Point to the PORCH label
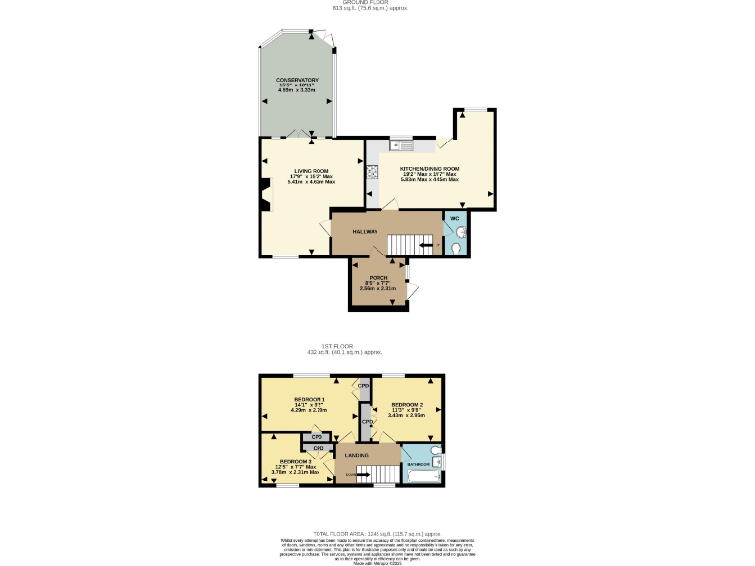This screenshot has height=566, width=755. pos(378,278)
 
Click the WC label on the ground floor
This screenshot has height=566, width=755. pos(455,218)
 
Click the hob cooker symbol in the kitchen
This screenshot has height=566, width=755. pos(374,172)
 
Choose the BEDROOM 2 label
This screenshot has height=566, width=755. pos(406,404)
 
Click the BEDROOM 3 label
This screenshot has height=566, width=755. pos(294,461)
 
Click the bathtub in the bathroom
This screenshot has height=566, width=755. pos(424,477)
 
